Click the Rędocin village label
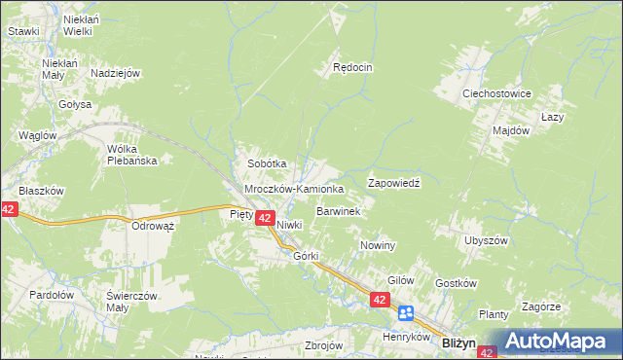[352, 68]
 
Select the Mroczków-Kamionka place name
[293, 188]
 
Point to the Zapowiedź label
[392, 182]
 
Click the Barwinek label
[339, 210]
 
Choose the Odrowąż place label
[152, 226]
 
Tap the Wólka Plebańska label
[132, 155]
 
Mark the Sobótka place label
[266, 164]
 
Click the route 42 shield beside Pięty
[264, 221]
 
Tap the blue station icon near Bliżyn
[406, 312]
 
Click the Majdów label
[510, 129]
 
